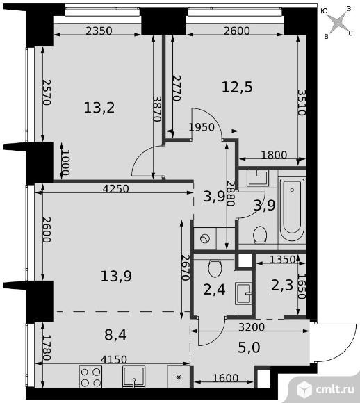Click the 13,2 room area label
pos(99,108)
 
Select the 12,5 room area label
pos(237,87)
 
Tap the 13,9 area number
pos(116,277)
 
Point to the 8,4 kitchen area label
pos(115,335)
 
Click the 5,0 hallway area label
pos(249,347)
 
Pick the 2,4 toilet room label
pos(214,290)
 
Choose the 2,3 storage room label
pos(282,285)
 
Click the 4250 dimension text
pos(115,189)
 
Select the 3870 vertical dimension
pos(156,108)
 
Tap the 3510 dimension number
pos(302,103)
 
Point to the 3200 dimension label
pos(252,327)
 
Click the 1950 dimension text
pos(202,127)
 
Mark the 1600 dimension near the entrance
pos(226,378)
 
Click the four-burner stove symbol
pos(90,377)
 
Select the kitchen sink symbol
pos(133,377)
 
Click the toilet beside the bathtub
pos(260,235)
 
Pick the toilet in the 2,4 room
pos(215,269)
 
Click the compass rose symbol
pos(338,22)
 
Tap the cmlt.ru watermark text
pos(335,389)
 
